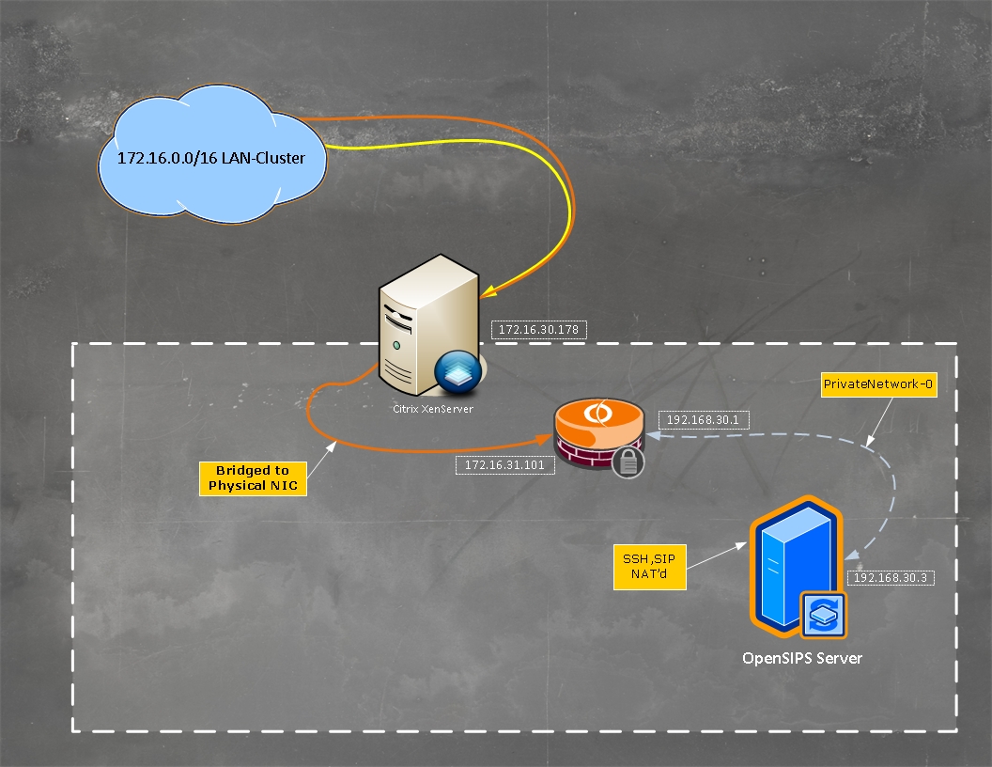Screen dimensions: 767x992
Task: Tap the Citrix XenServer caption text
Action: click(x=431, y=410)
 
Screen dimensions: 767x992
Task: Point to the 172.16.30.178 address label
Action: click(x=539, y=329)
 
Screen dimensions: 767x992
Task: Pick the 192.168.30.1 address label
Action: click(x=704, y=420)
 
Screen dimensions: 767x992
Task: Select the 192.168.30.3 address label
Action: click(x=890, y=577)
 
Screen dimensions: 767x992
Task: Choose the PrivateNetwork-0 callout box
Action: click(x=878, y=383)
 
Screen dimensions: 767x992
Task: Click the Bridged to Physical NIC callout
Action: click(x=252, y=477)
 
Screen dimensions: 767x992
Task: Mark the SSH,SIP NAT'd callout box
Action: click(x=649, y=567)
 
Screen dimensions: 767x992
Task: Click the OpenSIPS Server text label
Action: click(x=801, y=658)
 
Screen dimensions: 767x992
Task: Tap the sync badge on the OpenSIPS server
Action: click(x=823, y=615)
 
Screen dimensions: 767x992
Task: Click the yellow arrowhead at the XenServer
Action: click(x=488, y=292)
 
